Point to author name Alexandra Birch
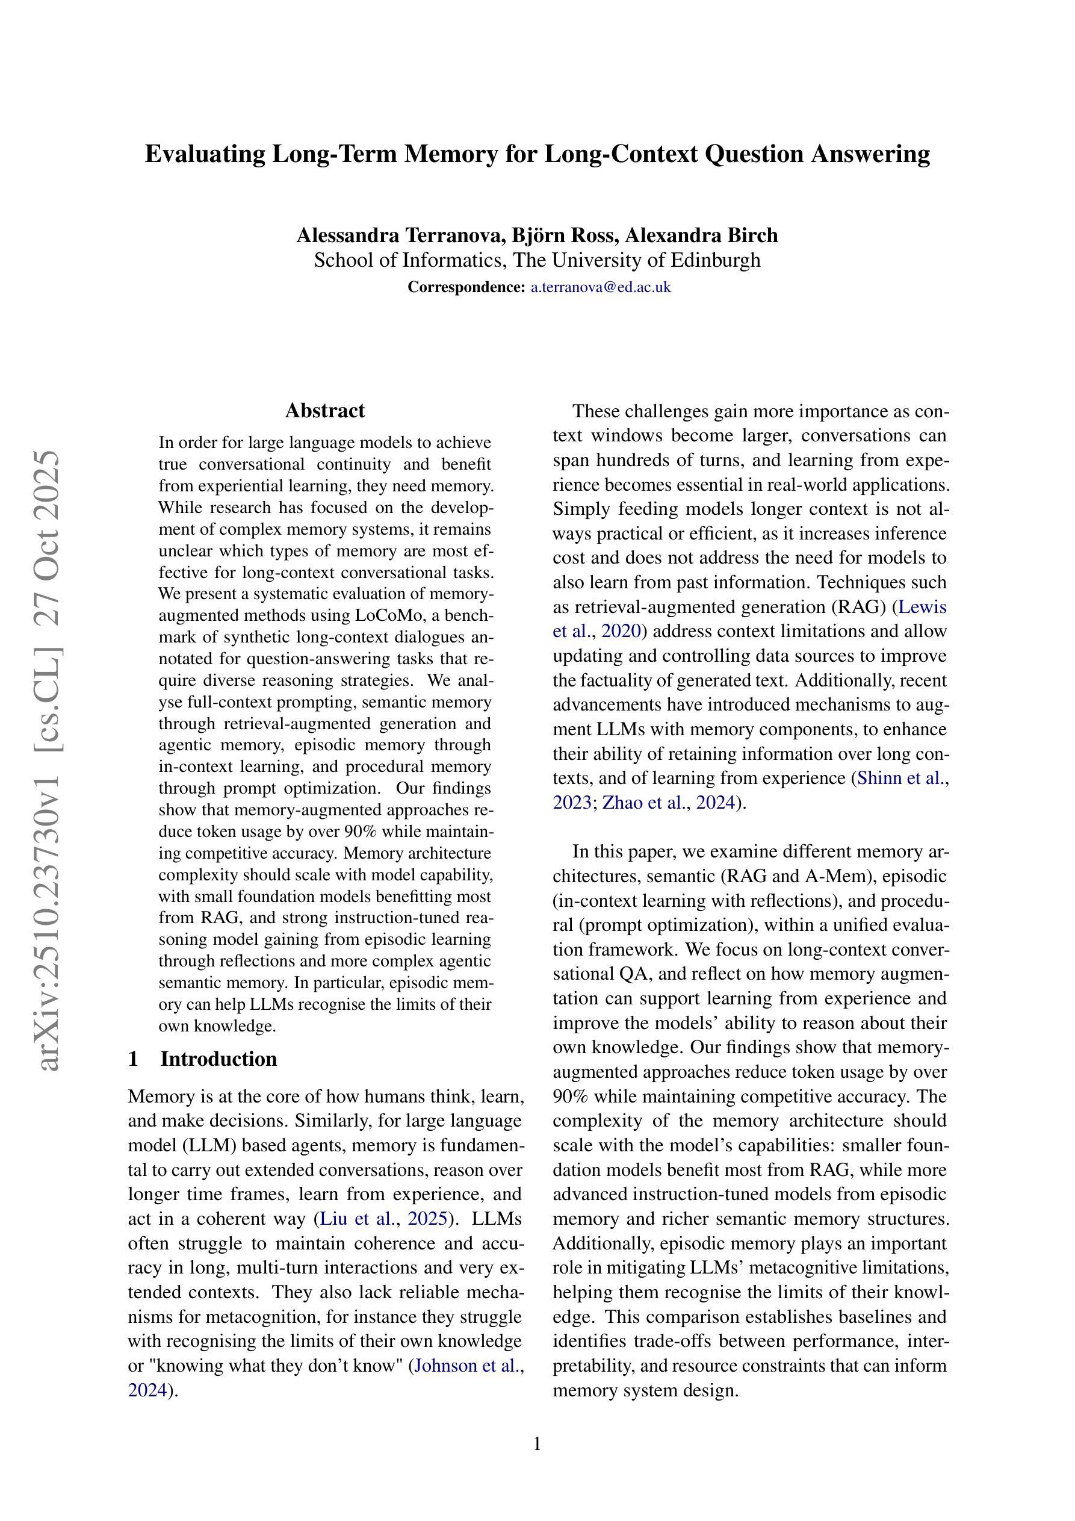tap(701, 235)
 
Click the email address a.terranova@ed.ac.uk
tap(601, 287)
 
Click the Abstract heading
tap(324, 411)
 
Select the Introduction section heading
tap(218, 1059)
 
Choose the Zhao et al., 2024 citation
tap(669, 803)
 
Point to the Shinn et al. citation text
tap(901, 779)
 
